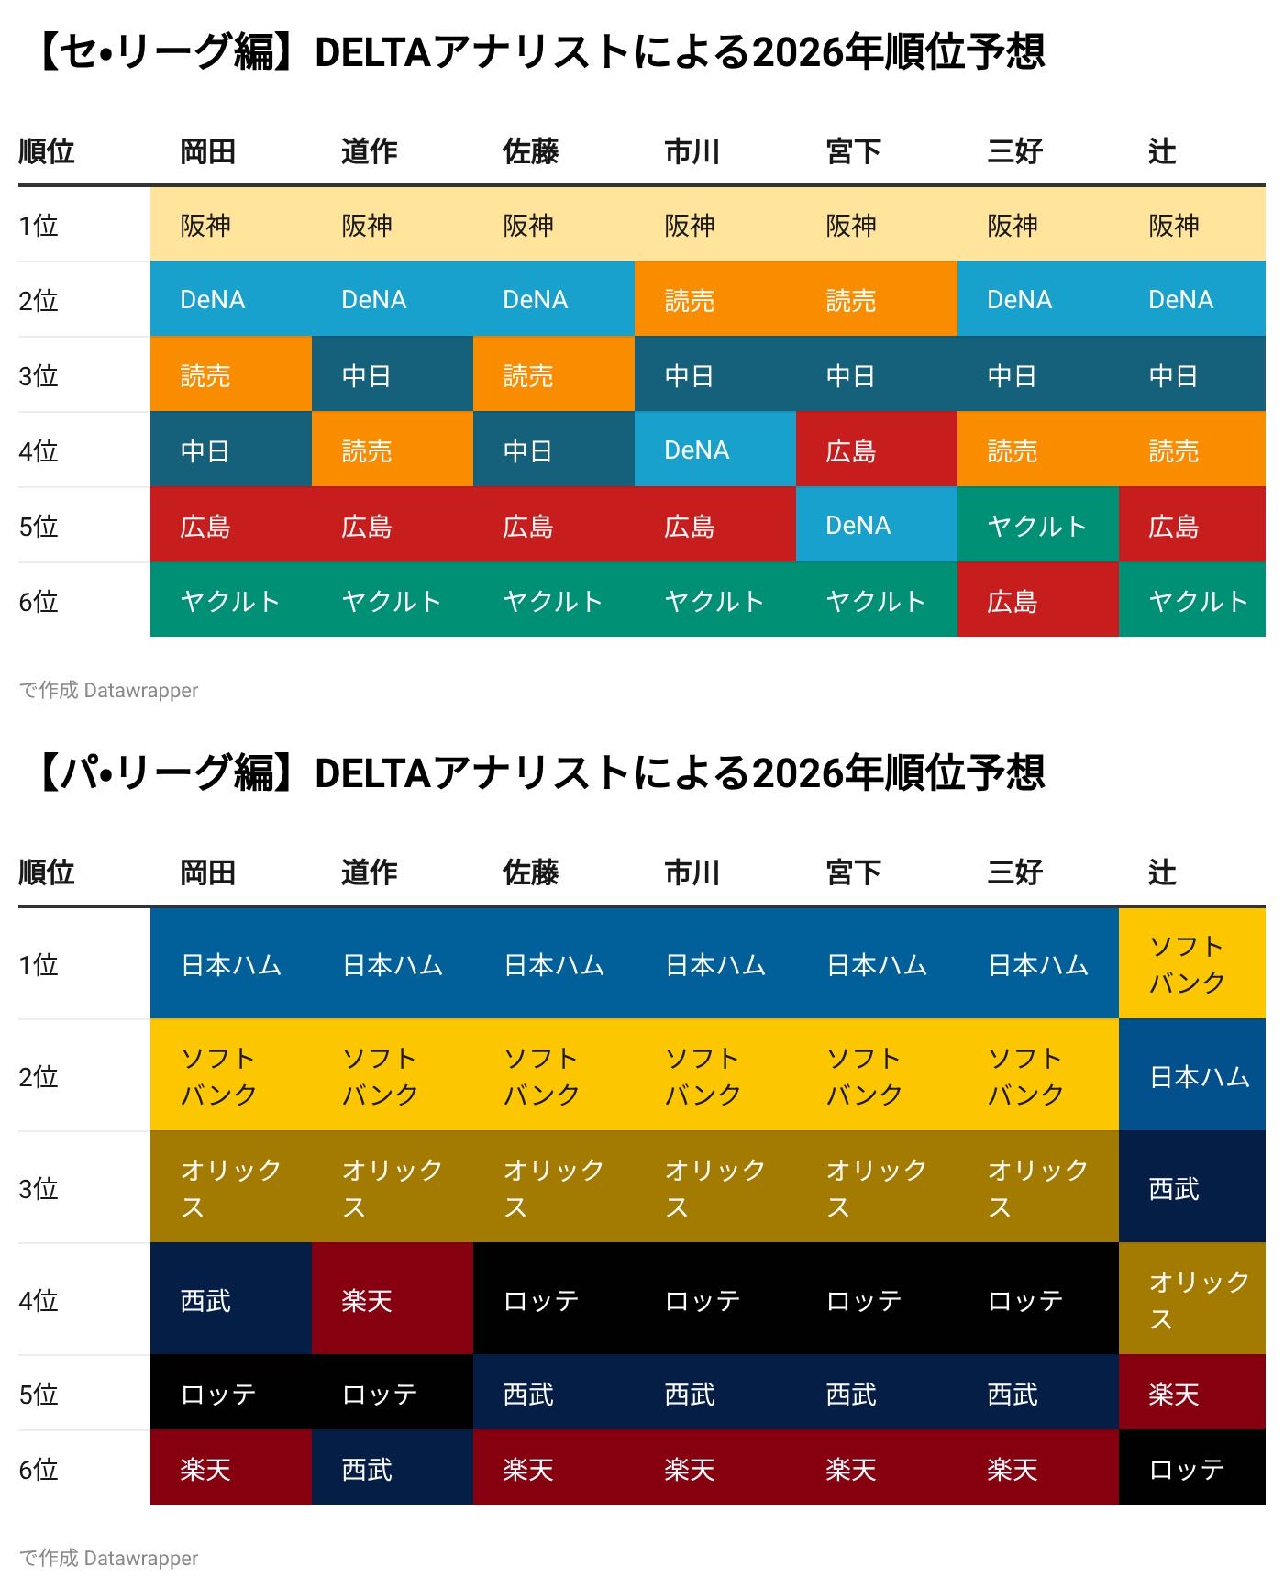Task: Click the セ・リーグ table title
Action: (541, 52)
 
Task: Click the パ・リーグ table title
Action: (541, 773)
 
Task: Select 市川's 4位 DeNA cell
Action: (714, 450)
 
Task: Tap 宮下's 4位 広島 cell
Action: (876, 450)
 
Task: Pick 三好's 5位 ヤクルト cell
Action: (1037, 525)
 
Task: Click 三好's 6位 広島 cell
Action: (1037, 600)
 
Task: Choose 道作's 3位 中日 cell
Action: (392, 374)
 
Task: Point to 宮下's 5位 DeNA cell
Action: (876, 525)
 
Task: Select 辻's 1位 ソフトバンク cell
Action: (1191, 963)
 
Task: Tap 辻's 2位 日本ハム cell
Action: (1191, 1075)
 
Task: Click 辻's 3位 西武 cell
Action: (1191, 1187)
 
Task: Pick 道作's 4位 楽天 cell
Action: (392, 1299)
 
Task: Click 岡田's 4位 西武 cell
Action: (230, 1299)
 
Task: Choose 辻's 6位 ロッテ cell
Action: (1191, 1468)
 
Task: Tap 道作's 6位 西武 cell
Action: (392, 1468)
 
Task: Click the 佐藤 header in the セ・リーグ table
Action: (530, 151)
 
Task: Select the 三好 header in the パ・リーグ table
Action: (1014, 872)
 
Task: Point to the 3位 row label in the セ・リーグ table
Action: (39, 375)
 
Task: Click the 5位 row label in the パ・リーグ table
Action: (39, 1394)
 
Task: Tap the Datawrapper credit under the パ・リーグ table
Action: (109, 1558)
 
